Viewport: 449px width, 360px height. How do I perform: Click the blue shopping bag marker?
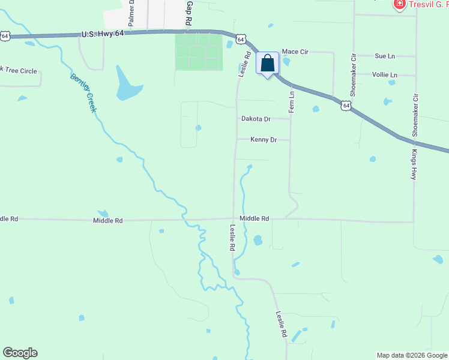pos(268,63)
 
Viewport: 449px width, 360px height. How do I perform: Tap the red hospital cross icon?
pos(399,5)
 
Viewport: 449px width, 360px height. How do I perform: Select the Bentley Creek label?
pos(83,93)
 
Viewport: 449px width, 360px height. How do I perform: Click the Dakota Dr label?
pos(256,119)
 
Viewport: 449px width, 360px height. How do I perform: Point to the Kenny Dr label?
pos(264,140)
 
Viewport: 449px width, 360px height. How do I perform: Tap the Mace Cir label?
pos(295,52)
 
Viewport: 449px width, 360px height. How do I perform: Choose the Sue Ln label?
pos(385,56)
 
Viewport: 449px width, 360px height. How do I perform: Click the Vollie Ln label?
pos(385,75)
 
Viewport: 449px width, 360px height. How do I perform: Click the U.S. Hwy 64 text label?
pos(103,34)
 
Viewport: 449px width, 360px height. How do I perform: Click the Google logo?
pos(20,353)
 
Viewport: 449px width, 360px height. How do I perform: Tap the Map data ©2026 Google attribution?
pos(412,355)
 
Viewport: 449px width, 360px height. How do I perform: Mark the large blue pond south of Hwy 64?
pos(127,85)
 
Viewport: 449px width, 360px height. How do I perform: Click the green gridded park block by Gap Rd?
pos(197,52)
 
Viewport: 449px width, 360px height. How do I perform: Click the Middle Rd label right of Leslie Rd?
pos(255,219)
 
